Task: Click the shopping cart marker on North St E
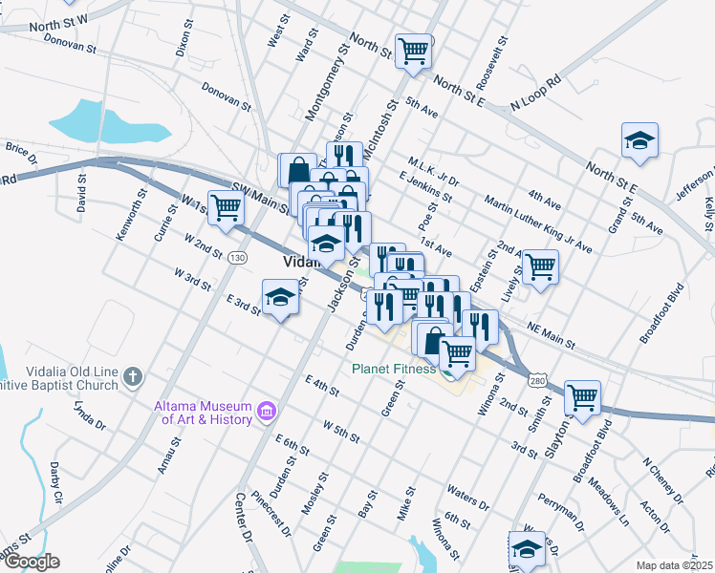tap(413, 52)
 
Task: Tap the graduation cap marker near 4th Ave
tap(639, 141)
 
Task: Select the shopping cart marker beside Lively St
tap(540, 266)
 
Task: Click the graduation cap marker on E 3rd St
tap(281, 297)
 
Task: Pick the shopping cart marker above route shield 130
tap(226, 207)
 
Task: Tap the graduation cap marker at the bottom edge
tap(526, 550)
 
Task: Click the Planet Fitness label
tap(393, 369)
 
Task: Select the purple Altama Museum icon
tap(268, 413)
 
